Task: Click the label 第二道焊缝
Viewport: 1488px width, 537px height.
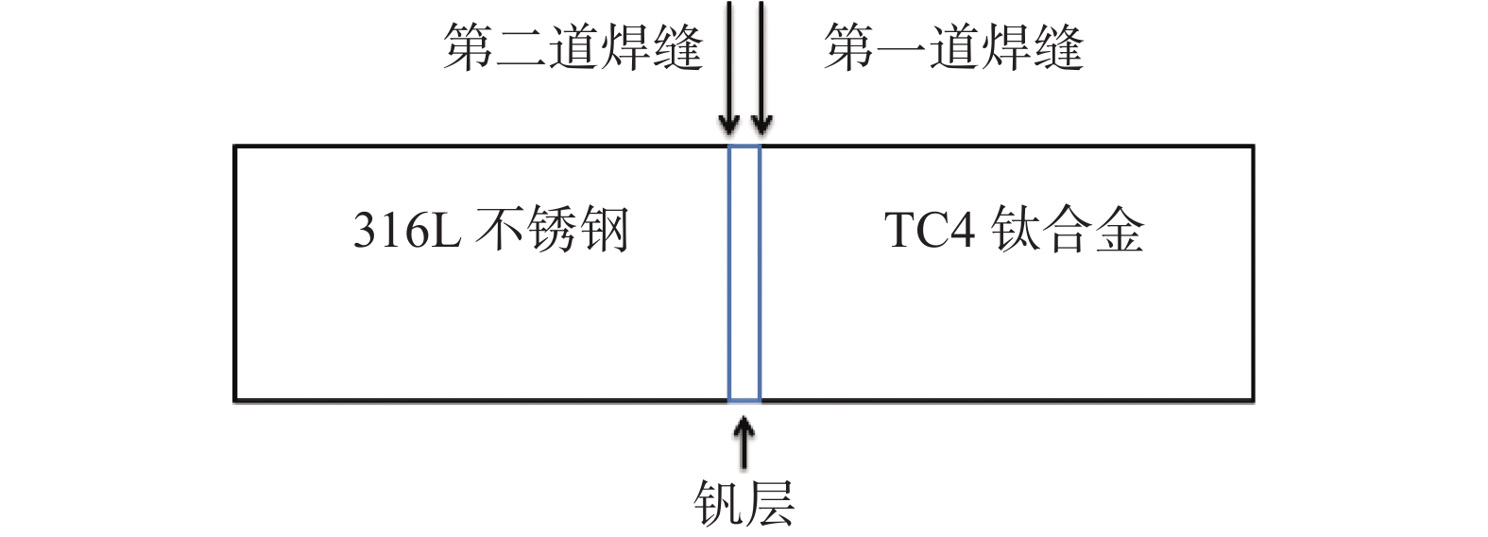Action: (573, 47)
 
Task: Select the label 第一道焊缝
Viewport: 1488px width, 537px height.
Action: (953, 47)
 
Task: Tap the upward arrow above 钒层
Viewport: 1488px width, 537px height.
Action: (744, 444)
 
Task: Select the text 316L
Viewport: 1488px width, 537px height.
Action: (407, 230)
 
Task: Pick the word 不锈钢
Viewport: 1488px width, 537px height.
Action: (552, 230)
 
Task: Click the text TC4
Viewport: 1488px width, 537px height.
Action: (930, 230)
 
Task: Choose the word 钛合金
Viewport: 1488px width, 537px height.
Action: (1068, 230)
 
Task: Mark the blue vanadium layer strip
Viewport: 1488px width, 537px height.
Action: (744, 274)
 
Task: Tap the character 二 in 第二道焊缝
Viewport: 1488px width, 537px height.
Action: (522, 47)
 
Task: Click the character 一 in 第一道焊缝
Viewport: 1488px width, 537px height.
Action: (901, 47)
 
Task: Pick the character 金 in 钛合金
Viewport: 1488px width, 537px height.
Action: (1120, 230)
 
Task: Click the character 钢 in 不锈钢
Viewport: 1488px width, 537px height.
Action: (605, 230)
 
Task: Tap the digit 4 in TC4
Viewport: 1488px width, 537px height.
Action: (962, 230)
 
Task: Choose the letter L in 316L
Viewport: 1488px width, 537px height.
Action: (447, 230)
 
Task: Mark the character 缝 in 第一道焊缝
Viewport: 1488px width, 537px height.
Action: (1058, 47)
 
